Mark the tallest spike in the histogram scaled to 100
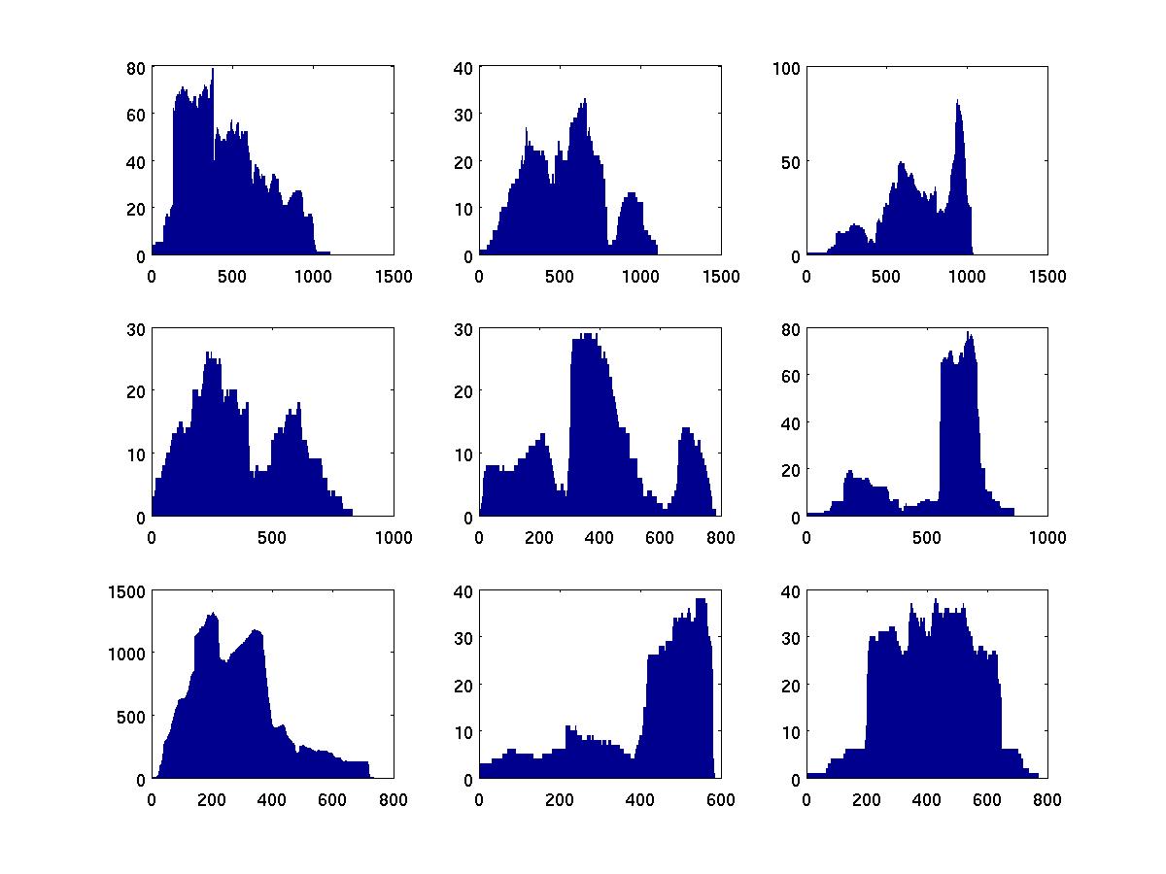coord(957,101)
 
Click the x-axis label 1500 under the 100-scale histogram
coord(1047,277)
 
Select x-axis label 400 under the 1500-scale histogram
coord(272,800)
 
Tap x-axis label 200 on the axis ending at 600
coord(560,800)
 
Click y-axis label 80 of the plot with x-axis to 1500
coord(135,68)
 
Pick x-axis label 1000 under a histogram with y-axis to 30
coord(394,538)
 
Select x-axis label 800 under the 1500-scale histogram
coord(394,800)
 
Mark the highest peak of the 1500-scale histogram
coord(212,614)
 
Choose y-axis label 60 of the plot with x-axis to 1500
coord(135,115)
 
